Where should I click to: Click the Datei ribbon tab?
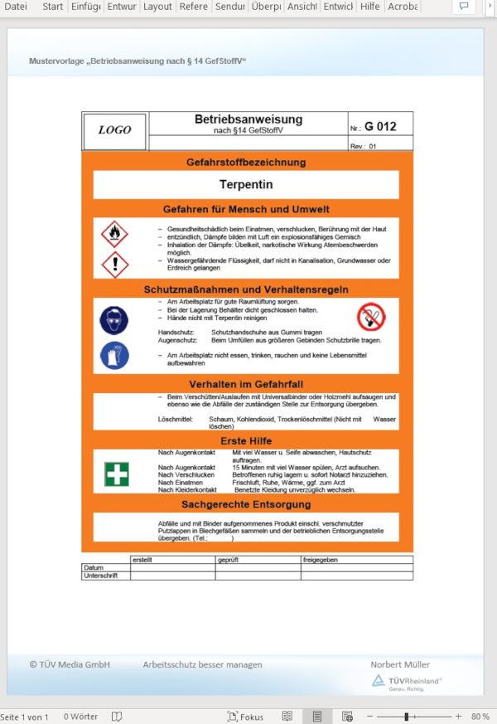pyautogui.click(x=16, y=7)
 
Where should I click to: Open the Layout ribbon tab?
pyautogui.click(x=157, y=7)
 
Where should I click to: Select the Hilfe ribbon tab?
pyautogui.click(x=369, y=7)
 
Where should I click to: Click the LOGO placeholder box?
pyautogui.click(x=115, y=130)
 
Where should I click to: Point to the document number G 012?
pyautogui.click(x=380, y=127)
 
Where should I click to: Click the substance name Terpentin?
pyautogui.click(x=246, y=184)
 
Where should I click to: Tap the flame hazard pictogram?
pyautogui.click(x=114, y=233)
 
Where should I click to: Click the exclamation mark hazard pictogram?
pyautogui.click(x=114, y=265)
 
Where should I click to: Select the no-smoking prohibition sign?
pyautogui.click(x=371, y=315)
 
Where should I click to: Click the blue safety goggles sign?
pyautogui.click(x=114, y=320)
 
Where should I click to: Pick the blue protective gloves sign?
pyautogui.click(x=114, y=355)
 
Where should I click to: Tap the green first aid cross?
pyautogui.click(x=116, y=474)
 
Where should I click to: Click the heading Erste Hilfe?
pyautogui.click(x=247, y=440)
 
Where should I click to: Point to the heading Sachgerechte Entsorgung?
pyautogui.click(x=246, y=504)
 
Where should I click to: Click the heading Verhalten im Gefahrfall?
pyautogui.click(x=246, y=385)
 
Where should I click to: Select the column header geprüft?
pyautogui.click(x=228, y=560)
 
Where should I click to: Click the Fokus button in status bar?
pyautogui.click(x=246, y=717)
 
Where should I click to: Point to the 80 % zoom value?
pyautogui.click(x=480, y=717)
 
